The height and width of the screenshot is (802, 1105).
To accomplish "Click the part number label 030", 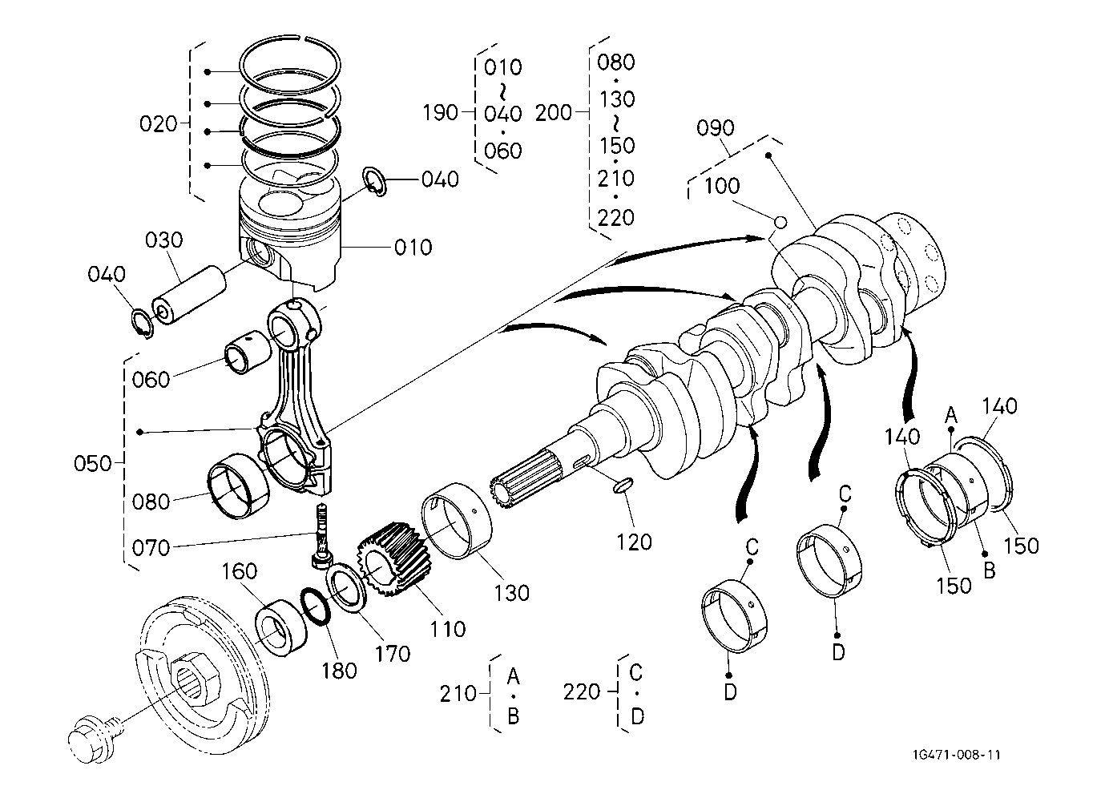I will coord(164,240).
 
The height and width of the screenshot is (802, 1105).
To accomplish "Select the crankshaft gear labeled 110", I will coord(393,561).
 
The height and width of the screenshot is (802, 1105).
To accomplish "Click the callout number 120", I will coord(635,542).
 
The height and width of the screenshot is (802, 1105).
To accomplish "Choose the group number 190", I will coord(439,112).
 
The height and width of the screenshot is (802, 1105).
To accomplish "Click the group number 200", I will coord(554,113).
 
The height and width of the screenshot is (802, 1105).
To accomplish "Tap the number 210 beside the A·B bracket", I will coord(458,692).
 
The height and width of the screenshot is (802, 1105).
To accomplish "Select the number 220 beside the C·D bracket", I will coord(582,691).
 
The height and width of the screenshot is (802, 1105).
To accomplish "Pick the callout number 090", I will coord(716,127).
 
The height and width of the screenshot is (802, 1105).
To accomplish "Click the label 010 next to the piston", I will coord(413,247).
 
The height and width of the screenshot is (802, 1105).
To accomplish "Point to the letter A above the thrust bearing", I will coord(951,414).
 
